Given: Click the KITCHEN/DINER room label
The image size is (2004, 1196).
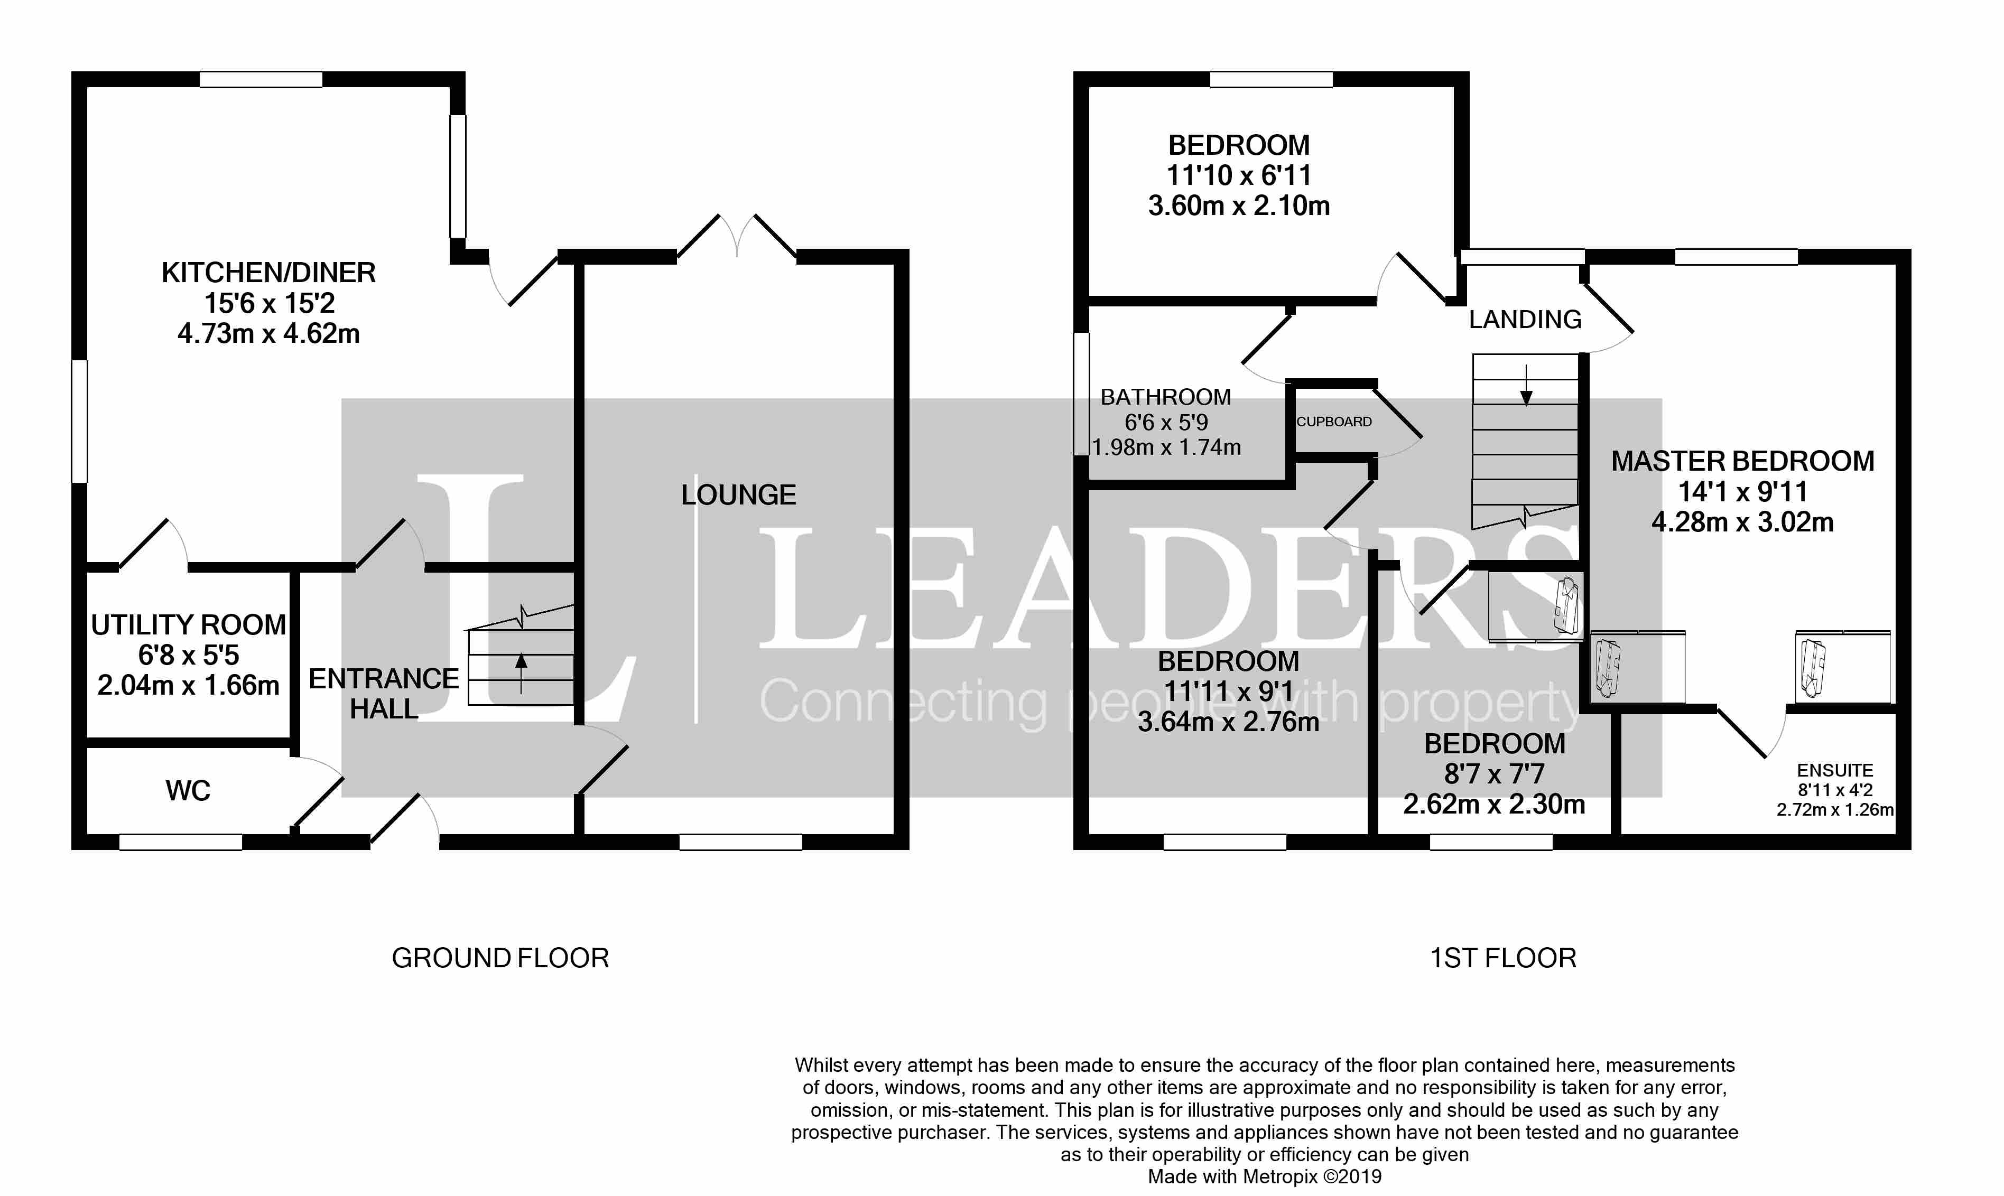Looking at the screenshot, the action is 268,273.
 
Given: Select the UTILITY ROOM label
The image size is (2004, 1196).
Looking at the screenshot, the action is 189,624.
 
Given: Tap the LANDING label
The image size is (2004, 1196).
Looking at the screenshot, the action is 1525,319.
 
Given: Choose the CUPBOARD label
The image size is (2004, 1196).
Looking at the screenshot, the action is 1334,422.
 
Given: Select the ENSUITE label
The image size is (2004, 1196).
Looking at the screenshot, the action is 1835,770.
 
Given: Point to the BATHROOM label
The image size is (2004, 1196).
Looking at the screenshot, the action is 1166,397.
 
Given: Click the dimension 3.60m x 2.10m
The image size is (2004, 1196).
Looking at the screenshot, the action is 1239,205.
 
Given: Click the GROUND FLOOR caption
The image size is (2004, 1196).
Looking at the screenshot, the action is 500,958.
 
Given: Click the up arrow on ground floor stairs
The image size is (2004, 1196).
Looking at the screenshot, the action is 521,673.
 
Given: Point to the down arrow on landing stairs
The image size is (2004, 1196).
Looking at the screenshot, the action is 1526,385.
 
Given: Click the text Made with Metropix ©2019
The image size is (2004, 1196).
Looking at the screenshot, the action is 1265,1176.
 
